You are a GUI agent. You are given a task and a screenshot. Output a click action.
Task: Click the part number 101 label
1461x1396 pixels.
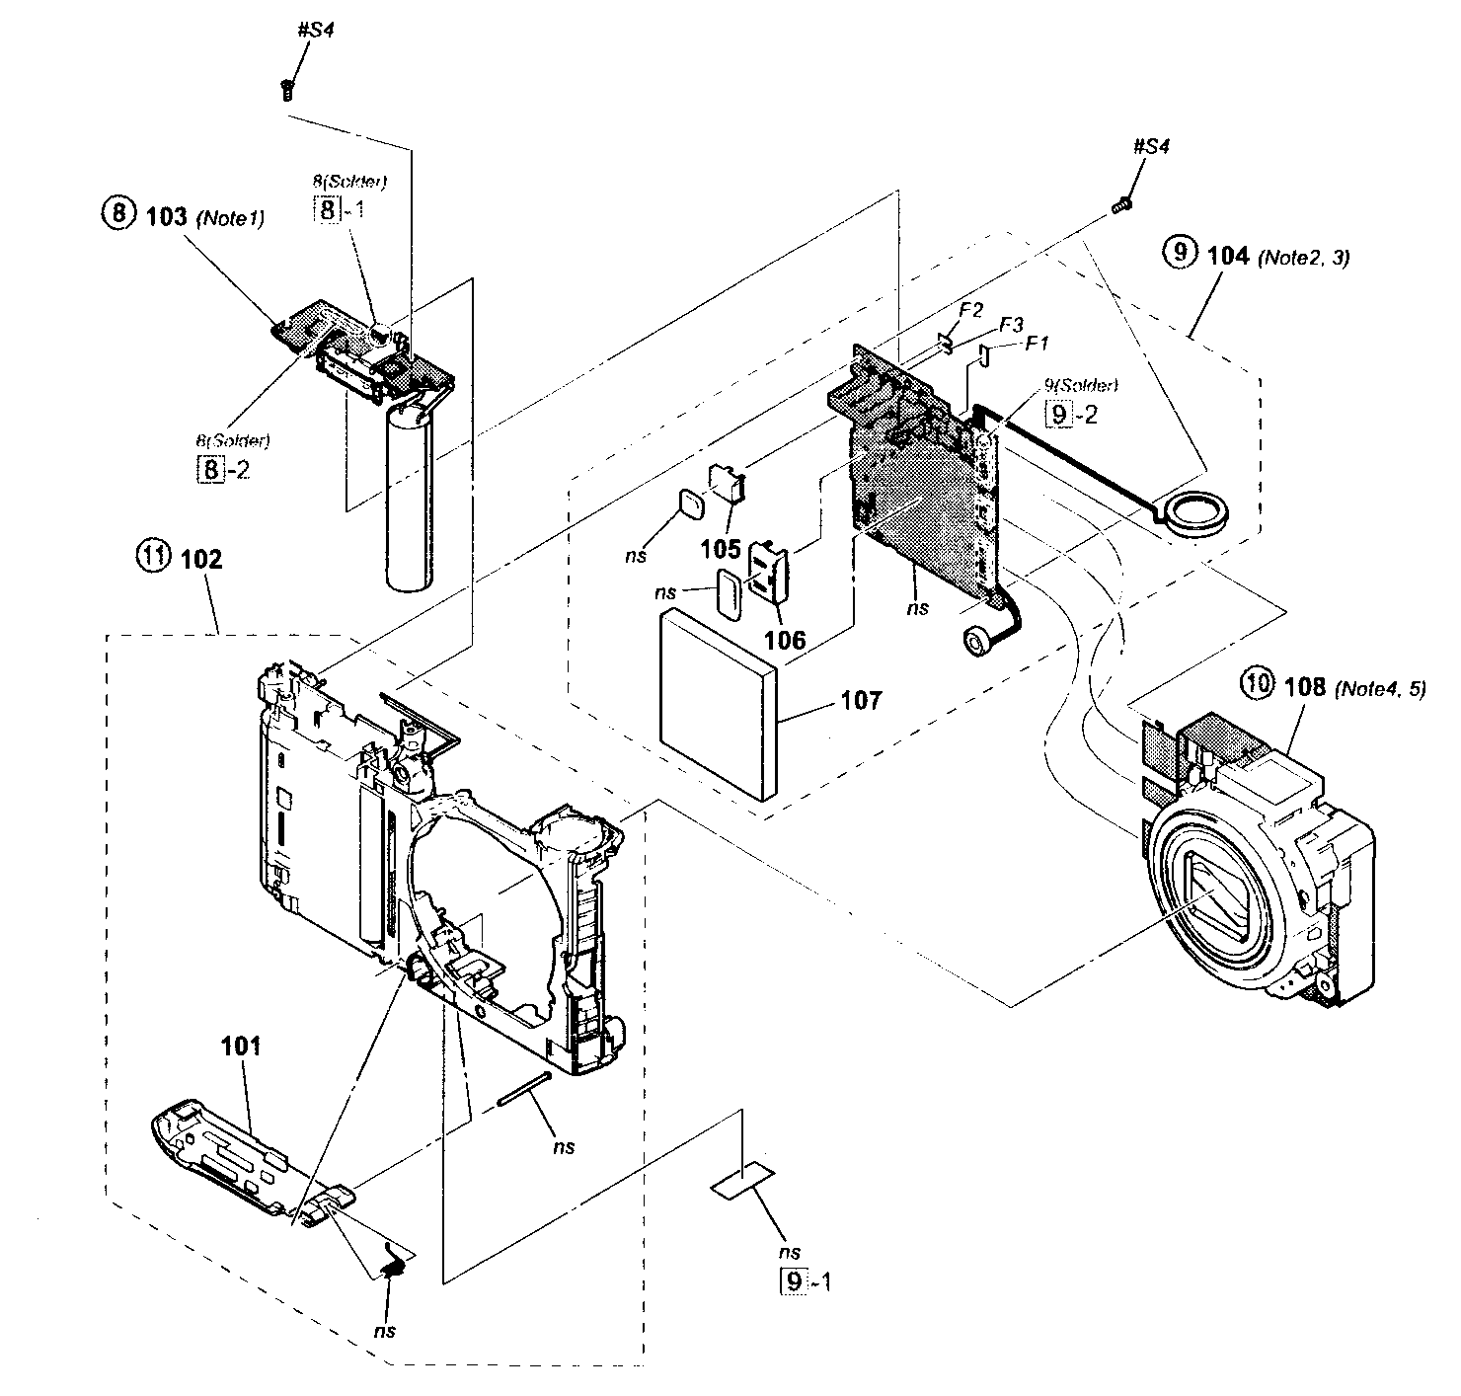242,1046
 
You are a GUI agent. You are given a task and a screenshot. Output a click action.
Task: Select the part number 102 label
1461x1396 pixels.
201,559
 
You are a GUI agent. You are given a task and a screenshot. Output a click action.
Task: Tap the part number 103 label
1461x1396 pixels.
167,216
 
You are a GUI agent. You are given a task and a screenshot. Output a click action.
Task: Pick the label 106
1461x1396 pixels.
785,640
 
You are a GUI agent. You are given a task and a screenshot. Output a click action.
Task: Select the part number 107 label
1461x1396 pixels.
861,701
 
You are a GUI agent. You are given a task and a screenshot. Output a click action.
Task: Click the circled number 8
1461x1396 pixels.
116,215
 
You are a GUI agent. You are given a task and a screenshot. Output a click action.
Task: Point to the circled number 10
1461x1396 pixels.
1257,685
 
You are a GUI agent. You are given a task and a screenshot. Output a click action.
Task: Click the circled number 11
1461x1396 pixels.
151,558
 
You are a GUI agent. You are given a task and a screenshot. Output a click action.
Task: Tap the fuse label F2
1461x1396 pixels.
970,310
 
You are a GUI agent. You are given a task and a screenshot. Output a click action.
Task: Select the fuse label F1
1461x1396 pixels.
1037,343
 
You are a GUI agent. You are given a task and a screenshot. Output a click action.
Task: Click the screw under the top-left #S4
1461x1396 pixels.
286,91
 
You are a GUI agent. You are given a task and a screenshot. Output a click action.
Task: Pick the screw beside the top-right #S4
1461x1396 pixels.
1120,206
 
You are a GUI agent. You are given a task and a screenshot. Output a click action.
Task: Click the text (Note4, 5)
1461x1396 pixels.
1380,689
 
